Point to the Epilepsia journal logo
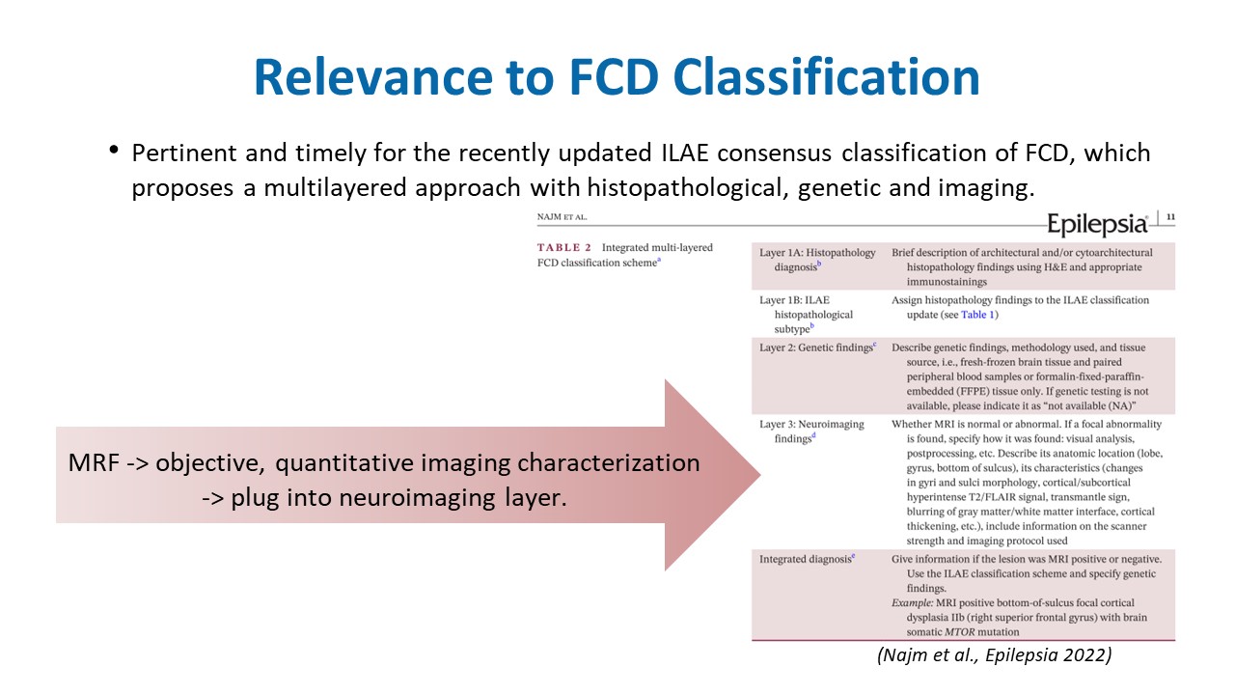(1097, 224)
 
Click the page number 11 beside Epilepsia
(1171, 217)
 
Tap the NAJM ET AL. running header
(563, 218)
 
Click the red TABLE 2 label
(564, 248)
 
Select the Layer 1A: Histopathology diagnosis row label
(816, 260)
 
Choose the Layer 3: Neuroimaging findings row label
(811, 431)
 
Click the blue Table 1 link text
(977, 315)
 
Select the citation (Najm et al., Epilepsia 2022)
(994, 655)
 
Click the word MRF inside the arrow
(93, 463)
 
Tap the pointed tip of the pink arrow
(758, 475)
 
